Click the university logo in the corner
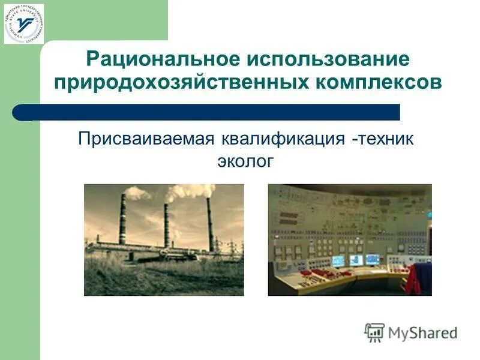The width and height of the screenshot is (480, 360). click(x=23, y=24)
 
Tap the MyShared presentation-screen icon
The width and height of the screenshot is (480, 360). click(x=374, y=332)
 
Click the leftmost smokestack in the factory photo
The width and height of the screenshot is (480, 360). click(x=122, y=219)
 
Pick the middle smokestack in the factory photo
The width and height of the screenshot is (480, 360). click(x=166, y=225)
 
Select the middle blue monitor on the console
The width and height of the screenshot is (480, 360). click(x=356, y=260)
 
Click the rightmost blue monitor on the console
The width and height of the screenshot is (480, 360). click(x=373, y=260)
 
